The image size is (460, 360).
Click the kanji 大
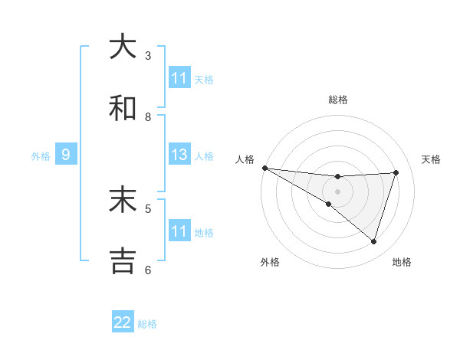point(123,47)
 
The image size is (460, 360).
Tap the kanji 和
point(123,109)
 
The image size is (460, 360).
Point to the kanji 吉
point(123,260)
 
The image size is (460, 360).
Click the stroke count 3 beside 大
point(148,55)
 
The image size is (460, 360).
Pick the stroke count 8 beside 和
point(148,116)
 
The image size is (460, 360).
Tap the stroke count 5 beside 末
point(148,208)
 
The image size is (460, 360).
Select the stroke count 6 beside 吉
point(148,269)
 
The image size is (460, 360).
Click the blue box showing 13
point(179,155)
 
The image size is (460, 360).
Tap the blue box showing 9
point(66,155)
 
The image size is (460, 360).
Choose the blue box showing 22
point(123,322)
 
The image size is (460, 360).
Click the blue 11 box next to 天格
point(179,78)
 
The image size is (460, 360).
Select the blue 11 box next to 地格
point(179,231)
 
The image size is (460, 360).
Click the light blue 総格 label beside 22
point(147,324)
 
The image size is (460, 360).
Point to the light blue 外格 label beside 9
point(41,156)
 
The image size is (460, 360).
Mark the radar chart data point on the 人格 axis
point(264,168)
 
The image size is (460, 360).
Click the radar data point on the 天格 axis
point(396,172)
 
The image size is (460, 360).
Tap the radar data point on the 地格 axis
point(374,242)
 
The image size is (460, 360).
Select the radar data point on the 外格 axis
point(329,204)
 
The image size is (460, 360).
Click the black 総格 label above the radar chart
point(338,100)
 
